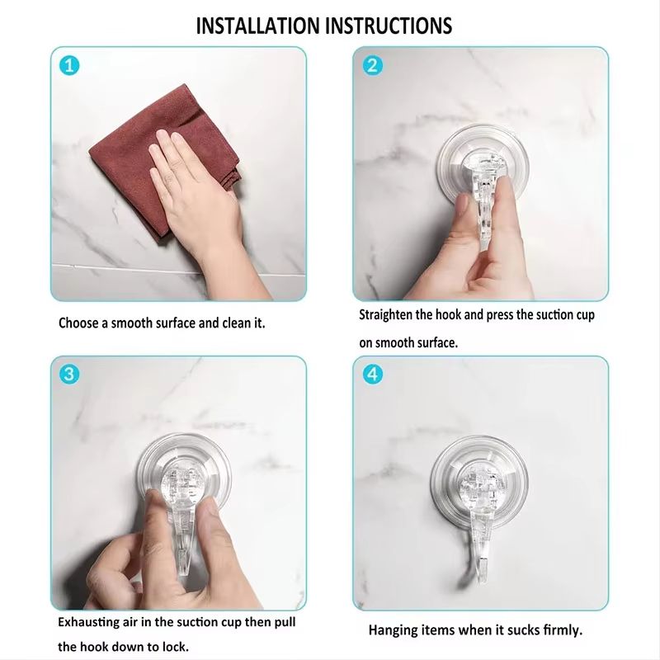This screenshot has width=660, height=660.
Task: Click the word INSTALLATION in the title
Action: tap(258, 25)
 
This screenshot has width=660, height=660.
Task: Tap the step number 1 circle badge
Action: tap(69, 65)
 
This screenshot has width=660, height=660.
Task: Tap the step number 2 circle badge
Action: tap(373, 65)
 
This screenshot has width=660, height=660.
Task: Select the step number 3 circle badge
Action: tap(69, 374)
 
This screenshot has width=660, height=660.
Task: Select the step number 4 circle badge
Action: tap(373, 374)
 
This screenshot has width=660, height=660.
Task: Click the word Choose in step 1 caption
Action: tap(78, 323)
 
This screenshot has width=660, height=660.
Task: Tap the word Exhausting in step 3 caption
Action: tap(88, 621)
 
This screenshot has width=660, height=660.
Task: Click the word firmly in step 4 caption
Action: tap(563, 629)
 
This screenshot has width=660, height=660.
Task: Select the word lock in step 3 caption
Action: tap(174, 646)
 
